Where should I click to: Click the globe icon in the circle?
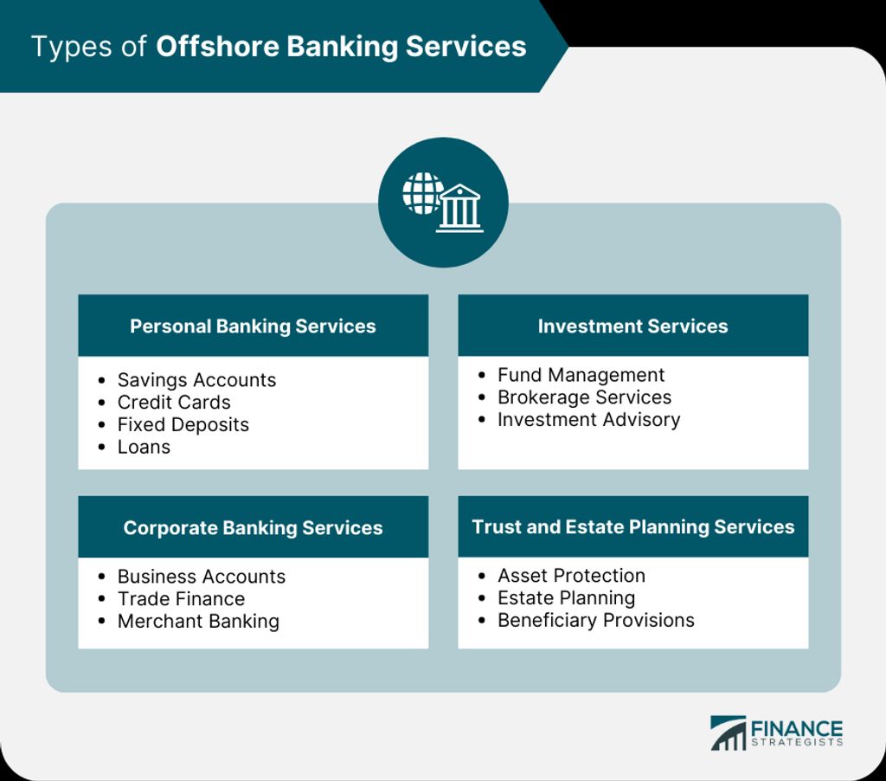422,193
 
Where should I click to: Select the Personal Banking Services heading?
253,326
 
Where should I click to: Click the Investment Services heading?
632,326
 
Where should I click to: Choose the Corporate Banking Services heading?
253,527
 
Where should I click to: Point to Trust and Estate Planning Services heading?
632,526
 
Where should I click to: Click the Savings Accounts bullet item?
196,379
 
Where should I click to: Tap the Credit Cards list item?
174,402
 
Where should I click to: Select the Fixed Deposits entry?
183,425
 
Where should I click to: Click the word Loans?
144,447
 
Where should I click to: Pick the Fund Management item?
581,375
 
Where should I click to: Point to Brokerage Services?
584,397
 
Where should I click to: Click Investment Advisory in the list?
588,420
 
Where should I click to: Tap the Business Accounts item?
201,577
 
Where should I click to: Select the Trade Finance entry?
182,598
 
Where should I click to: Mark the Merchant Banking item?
198,621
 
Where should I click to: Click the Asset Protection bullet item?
571,575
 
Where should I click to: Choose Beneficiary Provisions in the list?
595,620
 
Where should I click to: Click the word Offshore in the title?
217,47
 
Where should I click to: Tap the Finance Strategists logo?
776,733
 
